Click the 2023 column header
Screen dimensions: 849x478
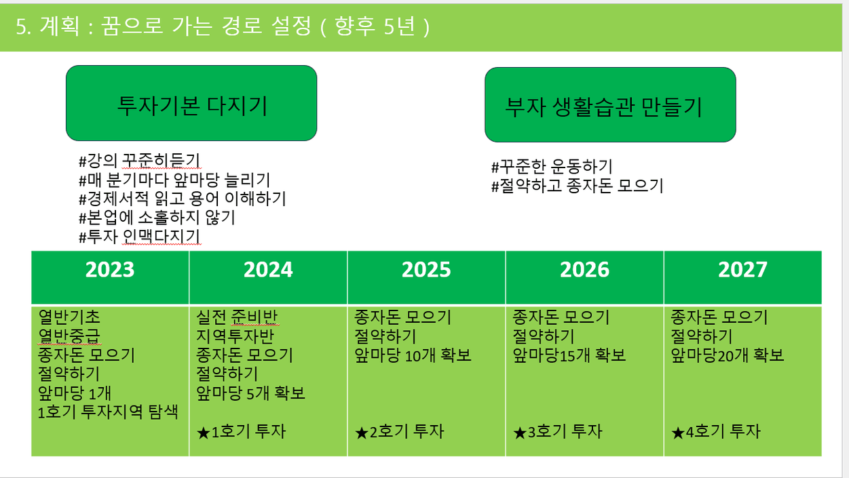point(110,270)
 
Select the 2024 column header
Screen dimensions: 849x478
point(268,270)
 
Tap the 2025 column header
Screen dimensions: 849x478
point(426,270)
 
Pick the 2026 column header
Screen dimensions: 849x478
point(584,270)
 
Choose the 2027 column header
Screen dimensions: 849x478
point(742,270)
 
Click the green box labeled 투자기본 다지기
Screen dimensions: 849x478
point(191,103)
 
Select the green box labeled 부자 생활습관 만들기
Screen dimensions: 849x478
point(610,105)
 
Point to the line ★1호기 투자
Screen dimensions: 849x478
point(241,432)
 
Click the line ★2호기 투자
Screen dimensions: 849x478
point(399,432)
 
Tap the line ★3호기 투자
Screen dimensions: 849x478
point(558,432)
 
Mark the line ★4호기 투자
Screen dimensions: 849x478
point(715,432)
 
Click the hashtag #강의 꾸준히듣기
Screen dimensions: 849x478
point(139,161)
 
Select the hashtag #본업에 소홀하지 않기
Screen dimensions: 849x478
point(157,218)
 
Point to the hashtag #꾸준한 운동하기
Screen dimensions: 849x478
point(552,166)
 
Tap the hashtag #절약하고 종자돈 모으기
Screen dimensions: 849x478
point(578,186)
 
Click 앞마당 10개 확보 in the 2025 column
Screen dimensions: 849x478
point(413,355)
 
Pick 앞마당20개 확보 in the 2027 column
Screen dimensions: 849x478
point(727,355)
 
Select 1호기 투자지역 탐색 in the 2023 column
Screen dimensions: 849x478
point(108,412)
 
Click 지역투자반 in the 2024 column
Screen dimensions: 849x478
point(235,336)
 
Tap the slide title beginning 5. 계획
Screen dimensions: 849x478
point(223,26)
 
